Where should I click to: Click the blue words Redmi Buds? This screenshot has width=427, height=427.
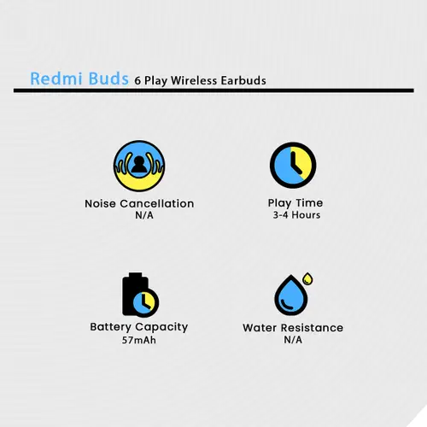[79, 79]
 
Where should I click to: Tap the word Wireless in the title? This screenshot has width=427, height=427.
[194, 80]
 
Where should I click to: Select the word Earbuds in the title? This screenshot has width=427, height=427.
[243, 80]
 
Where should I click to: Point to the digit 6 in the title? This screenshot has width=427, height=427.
[137, 81]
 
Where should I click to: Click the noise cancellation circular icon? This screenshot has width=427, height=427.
[139, 166]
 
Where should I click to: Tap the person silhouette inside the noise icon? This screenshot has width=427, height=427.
[139, 165]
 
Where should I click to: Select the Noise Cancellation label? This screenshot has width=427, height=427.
[139, 204]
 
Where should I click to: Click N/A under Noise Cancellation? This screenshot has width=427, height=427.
[144, 215]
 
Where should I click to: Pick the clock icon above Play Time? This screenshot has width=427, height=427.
[293, 165]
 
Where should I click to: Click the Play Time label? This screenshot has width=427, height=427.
[295, 203]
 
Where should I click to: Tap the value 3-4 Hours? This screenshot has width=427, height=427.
[296, 215]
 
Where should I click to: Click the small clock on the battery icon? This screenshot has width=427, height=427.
[145, 302]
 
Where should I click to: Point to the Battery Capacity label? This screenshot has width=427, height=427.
[139, 327]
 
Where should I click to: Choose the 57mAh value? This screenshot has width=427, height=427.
[139, 340]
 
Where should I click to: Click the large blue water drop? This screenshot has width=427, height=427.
[291, 295]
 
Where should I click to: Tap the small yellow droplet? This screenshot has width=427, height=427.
[307, 278]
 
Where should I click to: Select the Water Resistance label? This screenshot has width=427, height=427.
[293, 328]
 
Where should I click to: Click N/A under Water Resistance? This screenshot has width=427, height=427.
[293, 340]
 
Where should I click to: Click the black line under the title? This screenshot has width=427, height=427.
[213, 91]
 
